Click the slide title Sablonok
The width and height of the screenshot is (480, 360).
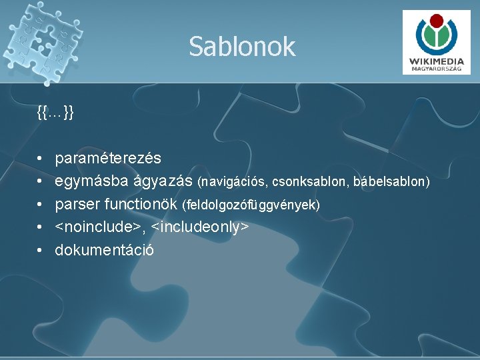tap(241, 47)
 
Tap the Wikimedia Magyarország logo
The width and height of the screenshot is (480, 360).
tap(437, 43)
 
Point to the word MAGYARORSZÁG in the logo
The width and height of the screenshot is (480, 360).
tap(437, 68)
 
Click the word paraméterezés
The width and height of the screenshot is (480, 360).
tap(107, 159)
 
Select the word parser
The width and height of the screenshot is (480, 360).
tap(75, 204)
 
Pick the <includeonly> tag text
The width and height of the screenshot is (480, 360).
tap(200, 227)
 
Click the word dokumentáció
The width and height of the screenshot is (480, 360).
tap(104, 250)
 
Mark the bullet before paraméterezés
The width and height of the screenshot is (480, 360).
tap(41, 159)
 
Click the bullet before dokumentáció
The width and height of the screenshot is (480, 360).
tap(41, 251)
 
